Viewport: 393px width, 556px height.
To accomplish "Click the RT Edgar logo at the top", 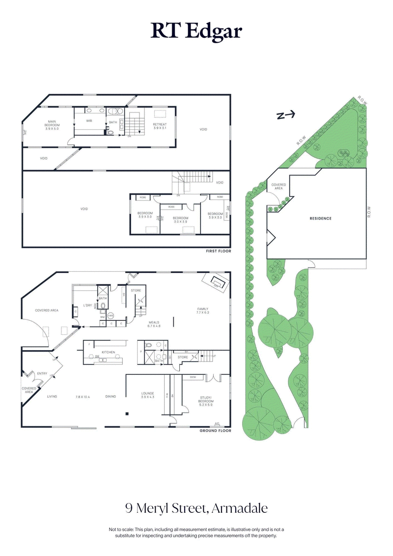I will pos(196,31).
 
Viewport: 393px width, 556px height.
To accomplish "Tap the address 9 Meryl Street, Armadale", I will pos(196,507).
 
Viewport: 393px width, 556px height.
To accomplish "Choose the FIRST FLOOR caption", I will pos(219,251).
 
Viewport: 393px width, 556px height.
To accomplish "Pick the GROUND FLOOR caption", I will pos(215,431).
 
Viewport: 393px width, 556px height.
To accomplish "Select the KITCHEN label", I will pos(108,352).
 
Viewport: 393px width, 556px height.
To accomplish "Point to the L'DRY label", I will pos(88,306).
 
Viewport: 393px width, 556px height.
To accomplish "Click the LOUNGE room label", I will pos(147,393).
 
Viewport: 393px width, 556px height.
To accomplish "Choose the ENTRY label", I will pos(42,374).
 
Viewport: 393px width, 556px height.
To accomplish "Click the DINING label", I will pos(111,396).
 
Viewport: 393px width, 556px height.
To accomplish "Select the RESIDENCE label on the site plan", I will pos(320,218).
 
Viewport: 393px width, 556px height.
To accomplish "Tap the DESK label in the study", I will pos(193,377).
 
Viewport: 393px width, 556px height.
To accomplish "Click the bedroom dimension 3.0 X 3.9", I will pos(180,221).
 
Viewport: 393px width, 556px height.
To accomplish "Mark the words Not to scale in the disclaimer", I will pos(121,529).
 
